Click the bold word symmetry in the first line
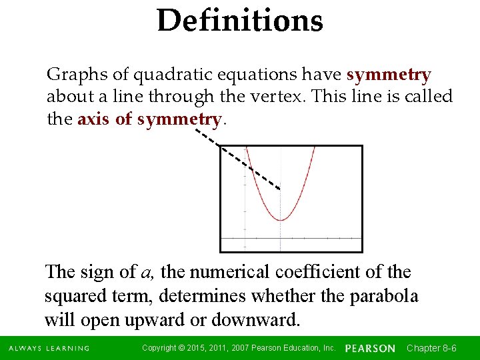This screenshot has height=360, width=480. (x=389, y=74)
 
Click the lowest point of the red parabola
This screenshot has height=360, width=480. (x=281, y=220)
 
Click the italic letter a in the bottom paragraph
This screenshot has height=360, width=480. (x=147, y=272)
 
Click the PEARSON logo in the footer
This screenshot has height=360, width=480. (x=370, y=349)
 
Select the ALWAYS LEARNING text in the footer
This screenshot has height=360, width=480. (x=49, y=349)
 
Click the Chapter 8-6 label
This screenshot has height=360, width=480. (x=431, y=348)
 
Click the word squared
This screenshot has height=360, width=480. (x=77, y=295)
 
